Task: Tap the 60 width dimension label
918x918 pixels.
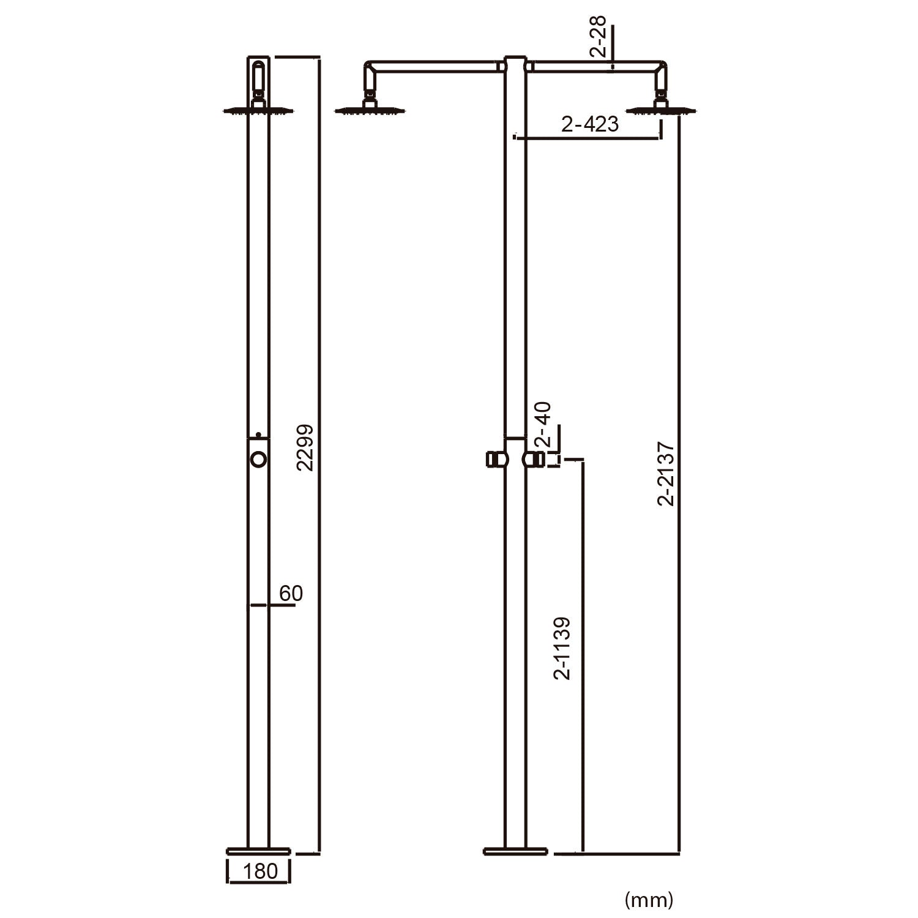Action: (291, 593)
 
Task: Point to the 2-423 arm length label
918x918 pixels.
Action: (590, 124)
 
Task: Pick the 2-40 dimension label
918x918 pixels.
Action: (543, 425)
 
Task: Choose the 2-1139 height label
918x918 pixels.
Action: (562, 648)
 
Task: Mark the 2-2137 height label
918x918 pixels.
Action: (666, 474)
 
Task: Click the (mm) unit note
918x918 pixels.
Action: (649, 899)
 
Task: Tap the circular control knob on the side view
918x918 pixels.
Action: (258, 459)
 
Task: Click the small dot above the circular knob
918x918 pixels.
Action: (258, 435)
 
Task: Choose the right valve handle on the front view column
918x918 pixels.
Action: (534, 459)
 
